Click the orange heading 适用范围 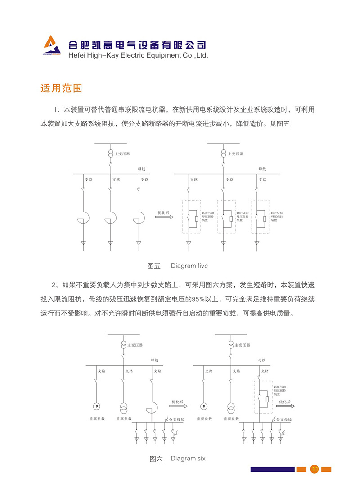[x=61, y=88]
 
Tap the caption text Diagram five [x=189, y=266]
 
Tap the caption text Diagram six [x=188, y=459]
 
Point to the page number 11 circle [x=315, y=469]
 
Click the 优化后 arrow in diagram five [x=164, y=217]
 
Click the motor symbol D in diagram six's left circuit [x=96, y=406]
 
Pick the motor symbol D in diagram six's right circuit [x=203, y=406]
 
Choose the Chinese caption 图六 [x=156, y=459]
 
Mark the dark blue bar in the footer [x=272, y=469]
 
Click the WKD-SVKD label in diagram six [x=280, y=387]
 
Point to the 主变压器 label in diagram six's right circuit [x=243, y=345]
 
